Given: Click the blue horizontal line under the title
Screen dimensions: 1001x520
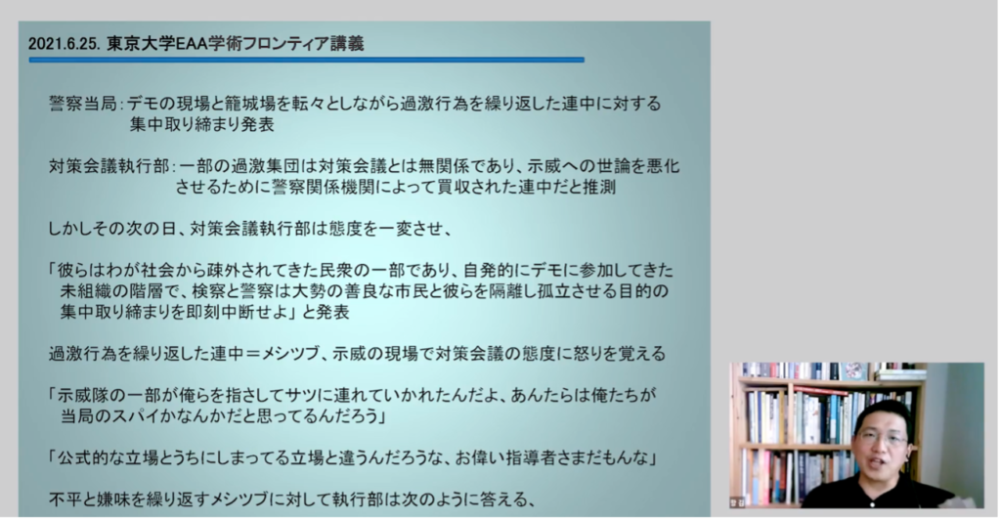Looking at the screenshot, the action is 306,60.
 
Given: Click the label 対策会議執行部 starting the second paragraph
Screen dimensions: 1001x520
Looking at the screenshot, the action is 109,166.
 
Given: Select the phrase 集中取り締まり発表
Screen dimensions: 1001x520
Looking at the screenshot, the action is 202,124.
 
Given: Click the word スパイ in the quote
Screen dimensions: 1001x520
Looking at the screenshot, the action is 138,416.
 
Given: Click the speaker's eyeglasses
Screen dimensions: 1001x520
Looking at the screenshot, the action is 884,439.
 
